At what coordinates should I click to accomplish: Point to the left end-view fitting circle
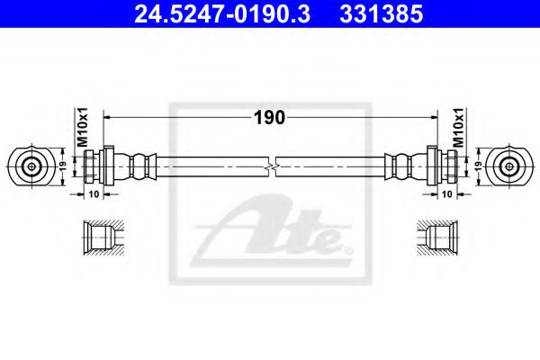31,166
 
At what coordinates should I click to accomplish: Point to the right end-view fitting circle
510,166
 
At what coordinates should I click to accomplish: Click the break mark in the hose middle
271,166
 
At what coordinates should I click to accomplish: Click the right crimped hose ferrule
402,166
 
